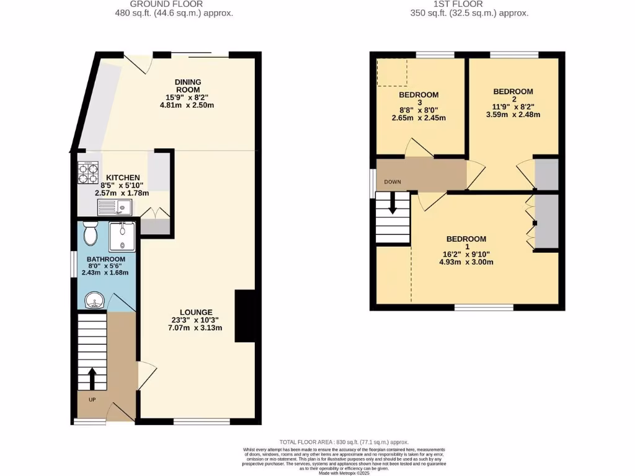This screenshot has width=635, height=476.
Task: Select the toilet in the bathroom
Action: (x=89, y=233)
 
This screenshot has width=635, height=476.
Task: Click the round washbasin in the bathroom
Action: (x=92, y=301)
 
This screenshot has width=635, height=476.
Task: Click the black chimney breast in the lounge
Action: (x=245, y=316)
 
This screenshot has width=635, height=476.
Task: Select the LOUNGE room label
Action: (x=197, y=312)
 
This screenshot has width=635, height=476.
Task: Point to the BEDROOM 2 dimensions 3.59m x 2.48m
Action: (x=513, y=114)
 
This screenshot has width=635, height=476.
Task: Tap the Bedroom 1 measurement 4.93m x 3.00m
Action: (x=466, y=262)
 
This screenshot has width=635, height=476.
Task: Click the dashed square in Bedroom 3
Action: (x=391, y=72)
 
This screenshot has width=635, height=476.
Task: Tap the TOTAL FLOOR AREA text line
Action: (x=343, y=441)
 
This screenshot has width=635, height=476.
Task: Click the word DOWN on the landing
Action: (x=392, y=182)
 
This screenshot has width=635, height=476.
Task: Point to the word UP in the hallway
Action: (x=92, y=400)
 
